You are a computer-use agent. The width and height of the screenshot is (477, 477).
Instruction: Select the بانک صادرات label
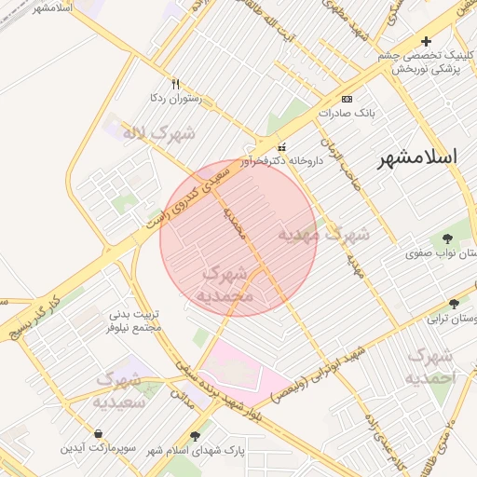[346, 113]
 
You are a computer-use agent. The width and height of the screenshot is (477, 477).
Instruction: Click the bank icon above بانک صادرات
[347, 99]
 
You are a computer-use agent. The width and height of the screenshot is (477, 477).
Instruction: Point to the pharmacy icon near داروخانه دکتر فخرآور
[283, 146]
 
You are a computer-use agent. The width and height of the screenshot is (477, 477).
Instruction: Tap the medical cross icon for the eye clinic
[427, 41]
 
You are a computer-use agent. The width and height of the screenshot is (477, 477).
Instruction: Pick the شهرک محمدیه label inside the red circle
[225, 284]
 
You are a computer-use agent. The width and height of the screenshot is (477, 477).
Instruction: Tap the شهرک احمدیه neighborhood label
[430, 366]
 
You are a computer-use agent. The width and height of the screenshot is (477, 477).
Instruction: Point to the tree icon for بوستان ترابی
[454, 304]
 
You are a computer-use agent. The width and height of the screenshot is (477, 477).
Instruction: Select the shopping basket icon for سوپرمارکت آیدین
[99, 433]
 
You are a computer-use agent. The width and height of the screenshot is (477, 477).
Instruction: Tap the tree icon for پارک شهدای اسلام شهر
[195, 436]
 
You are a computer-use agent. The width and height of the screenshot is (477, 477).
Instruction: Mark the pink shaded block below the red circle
[244, 371]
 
